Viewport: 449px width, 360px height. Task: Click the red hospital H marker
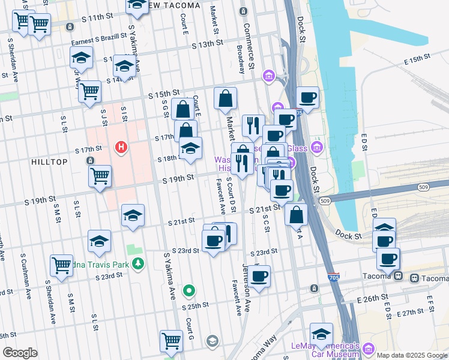(122, 147)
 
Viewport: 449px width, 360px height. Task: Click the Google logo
(20, 353)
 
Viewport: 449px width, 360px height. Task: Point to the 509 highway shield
(325, 200)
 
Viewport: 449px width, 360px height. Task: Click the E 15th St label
(418, 61)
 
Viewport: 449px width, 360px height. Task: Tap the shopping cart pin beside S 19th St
(100, 176)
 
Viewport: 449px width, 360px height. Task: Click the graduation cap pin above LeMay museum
(321, 334)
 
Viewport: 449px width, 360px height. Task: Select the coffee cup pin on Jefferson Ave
(259, 276)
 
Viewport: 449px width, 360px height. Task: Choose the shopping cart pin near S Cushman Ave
(61, 265)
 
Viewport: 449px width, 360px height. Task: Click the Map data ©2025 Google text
(412, 355)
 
